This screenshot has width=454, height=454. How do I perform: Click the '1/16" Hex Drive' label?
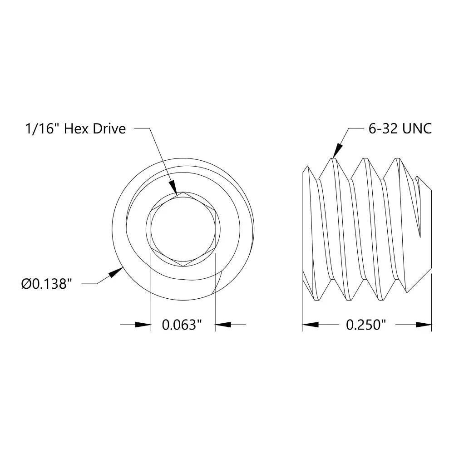pos(75,129)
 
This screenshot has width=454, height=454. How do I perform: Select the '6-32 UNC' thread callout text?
pos(400,129)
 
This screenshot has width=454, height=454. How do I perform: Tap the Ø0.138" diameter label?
pos(47,285)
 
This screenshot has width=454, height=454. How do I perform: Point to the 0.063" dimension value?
pos(182,325)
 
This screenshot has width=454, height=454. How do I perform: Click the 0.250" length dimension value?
pos(366,325)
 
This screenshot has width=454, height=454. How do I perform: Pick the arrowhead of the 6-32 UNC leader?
pos(337,151)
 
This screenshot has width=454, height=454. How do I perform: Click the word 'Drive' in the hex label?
pos(109,129)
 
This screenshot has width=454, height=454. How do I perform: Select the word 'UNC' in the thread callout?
pos(416,129)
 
